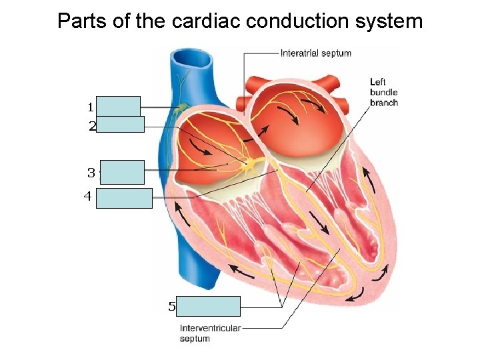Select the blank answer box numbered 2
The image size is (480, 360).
pyautogui.click(x=120, y=124)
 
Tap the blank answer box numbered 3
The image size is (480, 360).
pyautogui.click(x=122, y=172)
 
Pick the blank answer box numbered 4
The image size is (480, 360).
pyautogui.click(x=124, y=198)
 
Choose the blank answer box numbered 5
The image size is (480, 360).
pyautogui.click(x=210, y=306)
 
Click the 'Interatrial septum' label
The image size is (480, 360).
pyautogui.click(x=315, y=53)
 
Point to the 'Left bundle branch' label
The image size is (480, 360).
pyautogui.click(x=383, y=92)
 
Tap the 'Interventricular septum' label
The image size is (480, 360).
pyautogui.click(x=210, y=333)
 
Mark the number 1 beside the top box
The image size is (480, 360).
pyautogui.click(x=90, y=107)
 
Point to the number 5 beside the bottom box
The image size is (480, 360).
pyautogui.click(x=172, y=307)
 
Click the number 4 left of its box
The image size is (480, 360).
pyautogui.click(x=87, y=197)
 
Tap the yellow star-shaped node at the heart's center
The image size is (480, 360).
pyautogui.click(x=247, y=165)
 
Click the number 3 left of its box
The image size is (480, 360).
pyautogui.click(x=91, y=173)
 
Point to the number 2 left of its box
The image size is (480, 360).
pyautogui.click(x=92, y=125)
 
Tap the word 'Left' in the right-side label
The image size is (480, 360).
pyautogui.click(x=378, y=82)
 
